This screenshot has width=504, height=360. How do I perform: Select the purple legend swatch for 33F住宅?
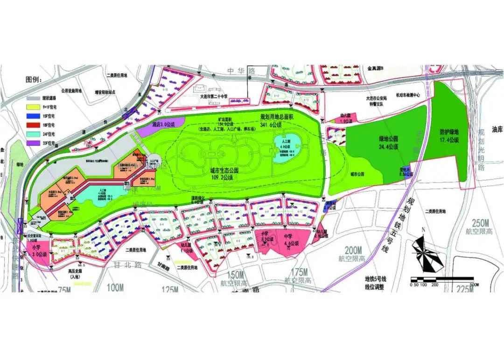(x=34, y=143)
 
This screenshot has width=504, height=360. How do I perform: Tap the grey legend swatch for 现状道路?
(x=34, y=99)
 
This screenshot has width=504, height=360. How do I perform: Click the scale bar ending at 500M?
(x=441, y=279)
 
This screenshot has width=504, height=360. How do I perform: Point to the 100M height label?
(x=115, y=288)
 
